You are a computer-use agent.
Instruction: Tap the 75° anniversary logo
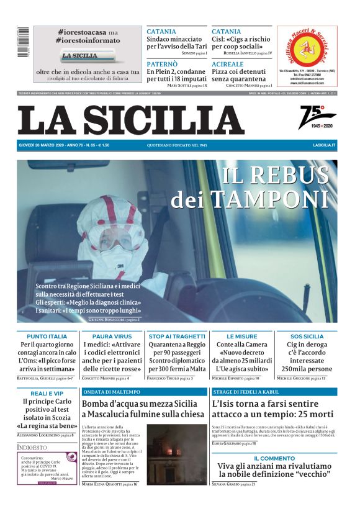pos(318,116)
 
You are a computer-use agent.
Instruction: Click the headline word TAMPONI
pos(269,199)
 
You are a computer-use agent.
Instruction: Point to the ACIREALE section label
pos(228,64)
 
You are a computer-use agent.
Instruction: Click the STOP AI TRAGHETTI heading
pos(177,336)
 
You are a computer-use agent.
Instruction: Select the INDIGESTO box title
pos(32,446)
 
